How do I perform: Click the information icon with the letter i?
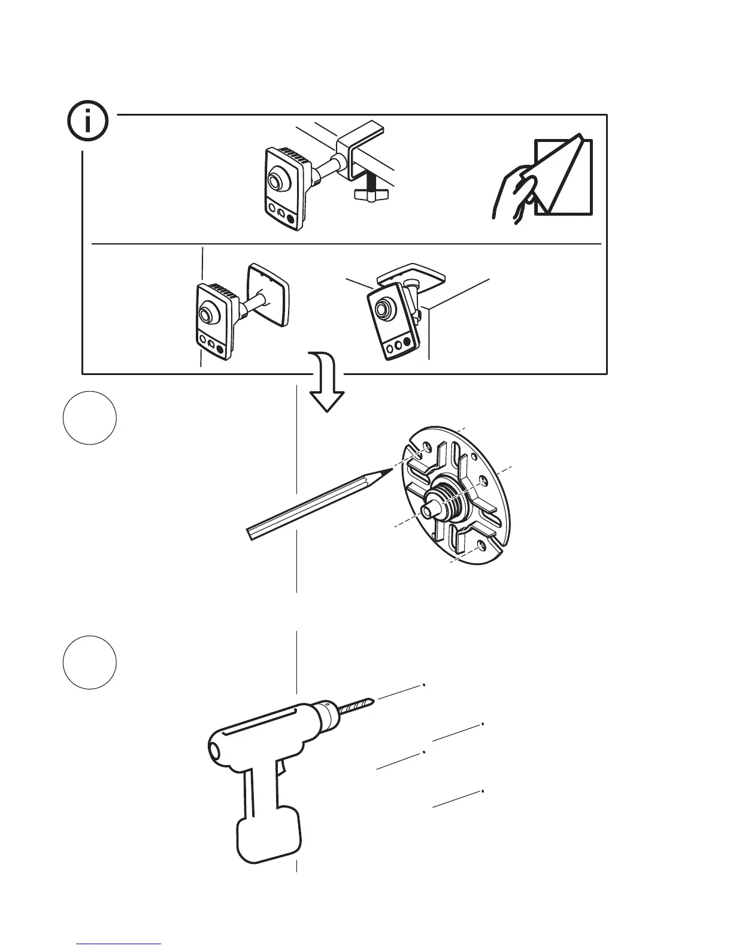(x=87, y=122)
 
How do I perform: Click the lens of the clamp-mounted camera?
(x=277, y=180)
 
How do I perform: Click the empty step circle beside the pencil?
(x=89, y=418)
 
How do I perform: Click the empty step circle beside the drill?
(x=89, y=663)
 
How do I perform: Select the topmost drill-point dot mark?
(x=424, y=683)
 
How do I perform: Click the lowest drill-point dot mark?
(x=482, y=791)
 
